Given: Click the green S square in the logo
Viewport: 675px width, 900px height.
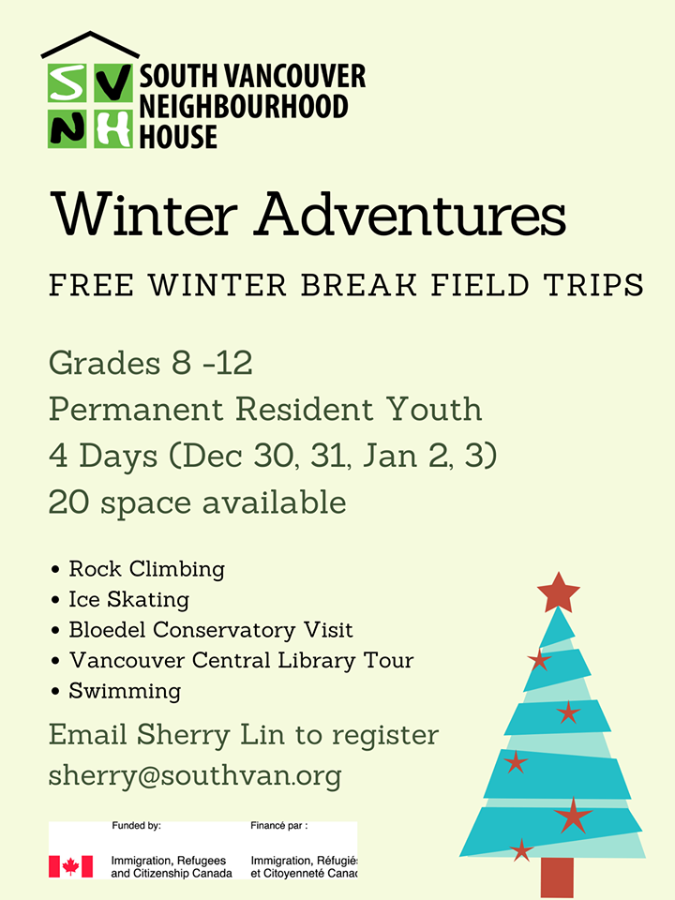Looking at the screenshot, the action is [x=67, y=82].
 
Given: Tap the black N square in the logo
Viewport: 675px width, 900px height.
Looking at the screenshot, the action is [x=67, y=128].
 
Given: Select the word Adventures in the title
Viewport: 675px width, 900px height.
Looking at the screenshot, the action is [x=411, y=215].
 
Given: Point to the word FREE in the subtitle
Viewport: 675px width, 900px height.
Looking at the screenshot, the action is [x=92, y=285].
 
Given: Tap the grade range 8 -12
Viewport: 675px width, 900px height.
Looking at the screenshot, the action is [x=212, y=363].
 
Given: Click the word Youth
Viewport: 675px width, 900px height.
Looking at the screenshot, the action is [x=434, y=409].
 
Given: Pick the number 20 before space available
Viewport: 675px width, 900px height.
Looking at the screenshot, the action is [x=69, y=502].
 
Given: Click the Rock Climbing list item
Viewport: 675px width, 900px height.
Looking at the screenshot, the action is [x=147, y=569].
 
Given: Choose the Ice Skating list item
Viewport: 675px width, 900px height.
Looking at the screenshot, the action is [x=129, y=600].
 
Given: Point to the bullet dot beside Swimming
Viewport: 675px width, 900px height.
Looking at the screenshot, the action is [x=55, y=692].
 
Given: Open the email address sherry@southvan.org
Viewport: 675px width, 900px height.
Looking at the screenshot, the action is [x=195, y=776].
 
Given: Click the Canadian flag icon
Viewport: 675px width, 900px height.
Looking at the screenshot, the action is [x=70, y=866].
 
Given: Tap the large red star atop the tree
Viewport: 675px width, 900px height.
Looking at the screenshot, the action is [x=559, y=592].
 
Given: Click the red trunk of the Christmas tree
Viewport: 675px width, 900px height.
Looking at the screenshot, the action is [x=557, y=877].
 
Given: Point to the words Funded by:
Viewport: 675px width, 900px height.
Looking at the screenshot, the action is [x=136, y=826].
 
